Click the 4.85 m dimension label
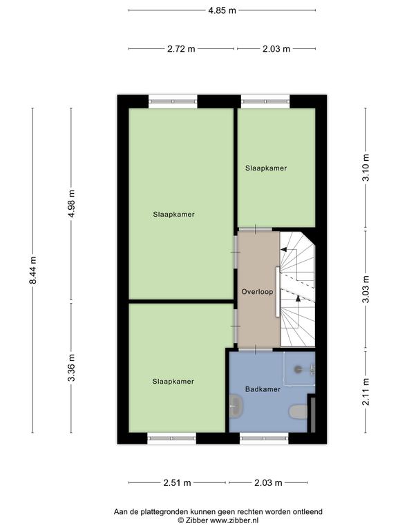click(x=222, y=10)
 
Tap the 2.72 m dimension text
click(x=182, y=49)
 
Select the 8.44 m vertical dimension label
click(x=33, y=271)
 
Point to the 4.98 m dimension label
click(x=71, y=204)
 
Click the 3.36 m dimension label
click(x=71, y=368)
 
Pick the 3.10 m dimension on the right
click(x=366, y=167)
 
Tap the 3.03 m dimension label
click(x=366, y=289)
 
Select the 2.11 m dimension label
click(x=366, y=392)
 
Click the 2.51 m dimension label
click(x=178, y=482)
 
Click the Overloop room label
click(x=257, y=292)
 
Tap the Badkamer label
click(x=263, y=389)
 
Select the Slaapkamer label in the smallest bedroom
click(x=266, y=168)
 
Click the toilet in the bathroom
click(x=298, y=412)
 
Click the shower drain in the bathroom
click(x=298, y=369)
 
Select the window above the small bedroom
click(x=265, y=101)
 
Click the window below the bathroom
click(x=265, y=438)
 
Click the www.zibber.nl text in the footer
click(x=234, y=520)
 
